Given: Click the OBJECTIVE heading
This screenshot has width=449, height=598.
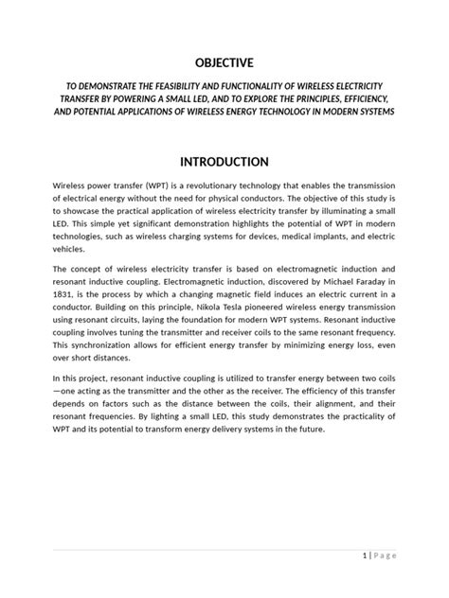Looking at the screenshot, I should point(224,63).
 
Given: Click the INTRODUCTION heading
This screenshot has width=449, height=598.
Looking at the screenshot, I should point(224,162).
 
